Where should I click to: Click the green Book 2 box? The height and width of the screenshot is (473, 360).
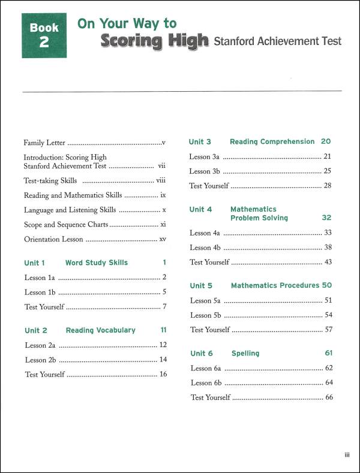coord(44,35)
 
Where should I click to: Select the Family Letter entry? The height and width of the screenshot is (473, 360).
coord(44,143)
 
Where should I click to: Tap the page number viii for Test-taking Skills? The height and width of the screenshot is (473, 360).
coord(161,180)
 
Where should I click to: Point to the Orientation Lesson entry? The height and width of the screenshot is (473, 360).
coord(50,239)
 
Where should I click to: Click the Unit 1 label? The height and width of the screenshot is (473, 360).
coord(35,263)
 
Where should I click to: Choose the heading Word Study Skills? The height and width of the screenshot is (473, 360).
coord(97,263)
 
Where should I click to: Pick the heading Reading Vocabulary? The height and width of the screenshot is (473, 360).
coord(101,330)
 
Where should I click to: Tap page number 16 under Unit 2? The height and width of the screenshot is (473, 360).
coord(163,374)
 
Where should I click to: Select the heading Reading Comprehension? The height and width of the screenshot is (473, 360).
coord(272,142)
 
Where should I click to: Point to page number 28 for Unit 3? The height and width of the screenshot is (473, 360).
coord(328,186)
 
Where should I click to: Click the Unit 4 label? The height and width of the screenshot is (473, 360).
coord(200,210)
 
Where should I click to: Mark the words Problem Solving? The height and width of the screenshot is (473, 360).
coord(259,218)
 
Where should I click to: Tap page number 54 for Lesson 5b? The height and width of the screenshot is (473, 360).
coord(328,315)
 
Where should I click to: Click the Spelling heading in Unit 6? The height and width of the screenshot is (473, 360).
coord(245,353)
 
